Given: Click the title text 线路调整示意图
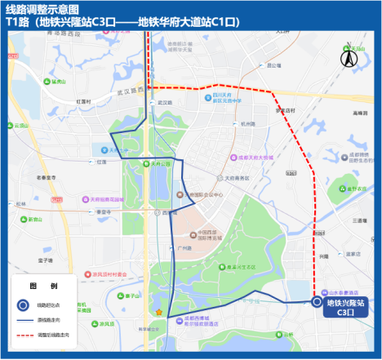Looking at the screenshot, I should (x=42, y=9).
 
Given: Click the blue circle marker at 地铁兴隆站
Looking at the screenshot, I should (x=317, y=303).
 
